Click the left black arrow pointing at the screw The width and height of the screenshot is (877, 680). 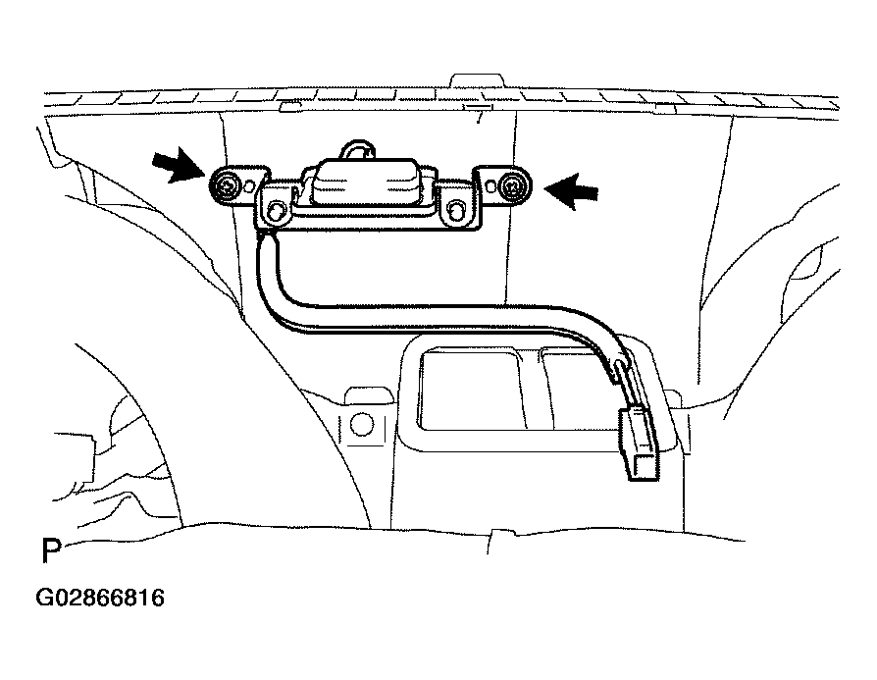(x=179, y=165)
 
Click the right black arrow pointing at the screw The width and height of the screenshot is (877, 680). (x=572, y=190)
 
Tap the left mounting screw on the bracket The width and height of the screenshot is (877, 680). (x=227, y=186)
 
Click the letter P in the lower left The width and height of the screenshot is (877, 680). (x=50, y=550)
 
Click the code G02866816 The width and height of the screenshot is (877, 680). (x=100, y=598)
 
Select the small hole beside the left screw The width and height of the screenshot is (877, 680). (x=250, y=183)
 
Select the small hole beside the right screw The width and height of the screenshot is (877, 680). (x=490, y=184)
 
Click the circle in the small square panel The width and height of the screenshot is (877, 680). (x=361, y=425)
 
